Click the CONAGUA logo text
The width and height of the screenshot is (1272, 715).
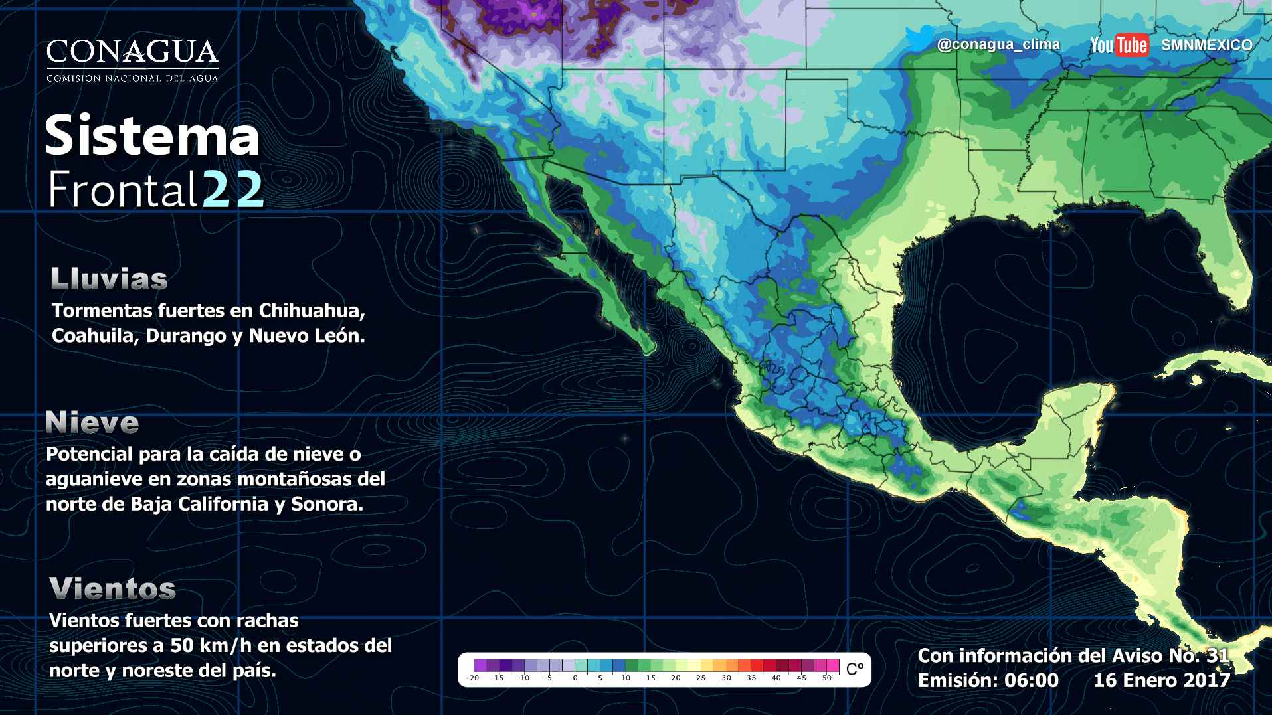tap(132, 52)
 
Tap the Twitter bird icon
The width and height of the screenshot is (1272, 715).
tap(919, 40)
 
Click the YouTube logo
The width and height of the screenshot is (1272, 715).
tap(1119, 45)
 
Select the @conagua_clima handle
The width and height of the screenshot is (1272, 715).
tap(998, 44)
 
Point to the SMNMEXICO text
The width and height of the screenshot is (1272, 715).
tap(1206, 45)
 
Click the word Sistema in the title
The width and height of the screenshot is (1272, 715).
tap(152, 136)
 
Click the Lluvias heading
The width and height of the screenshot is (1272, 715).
tap(109, 279)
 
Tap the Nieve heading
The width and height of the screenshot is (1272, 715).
tap(92, 422)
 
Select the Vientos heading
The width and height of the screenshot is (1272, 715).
tap(112, 589)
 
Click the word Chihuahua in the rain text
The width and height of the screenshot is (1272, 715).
tap(312, 311)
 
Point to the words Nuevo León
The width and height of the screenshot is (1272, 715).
tap(306, 336)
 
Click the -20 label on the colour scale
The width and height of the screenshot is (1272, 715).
tap(473, 678)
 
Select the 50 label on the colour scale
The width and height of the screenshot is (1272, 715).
tap(826, 678)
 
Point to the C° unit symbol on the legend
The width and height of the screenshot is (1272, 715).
tap(855, 669)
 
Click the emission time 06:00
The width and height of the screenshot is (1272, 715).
tap(1032, 680)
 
